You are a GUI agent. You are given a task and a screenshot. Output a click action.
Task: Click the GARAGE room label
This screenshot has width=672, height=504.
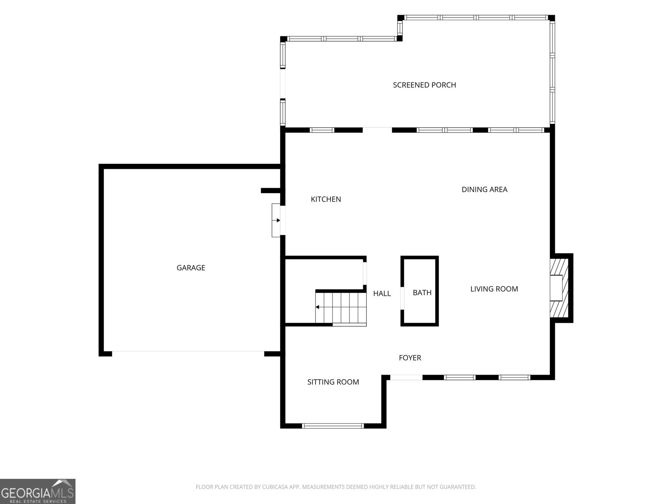pos(191,268)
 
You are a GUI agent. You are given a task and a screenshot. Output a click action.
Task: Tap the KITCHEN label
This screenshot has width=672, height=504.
pos(326,199)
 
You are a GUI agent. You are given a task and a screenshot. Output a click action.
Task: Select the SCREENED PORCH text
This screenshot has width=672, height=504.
pos(424,85)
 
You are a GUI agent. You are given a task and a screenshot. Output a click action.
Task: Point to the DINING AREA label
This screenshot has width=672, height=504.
pos(484,189)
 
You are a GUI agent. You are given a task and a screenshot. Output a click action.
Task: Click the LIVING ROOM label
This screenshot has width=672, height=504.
pos(494,289)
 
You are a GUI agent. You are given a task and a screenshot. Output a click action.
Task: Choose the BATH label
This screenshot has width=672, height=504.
pos(422,293)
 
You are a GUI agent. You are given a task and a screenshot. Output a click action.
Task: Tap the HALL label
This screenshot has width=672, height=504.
pos(382,294)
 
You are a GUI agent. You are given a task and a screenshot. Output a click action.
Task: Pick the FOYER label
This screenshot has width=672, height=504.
pos(410,358)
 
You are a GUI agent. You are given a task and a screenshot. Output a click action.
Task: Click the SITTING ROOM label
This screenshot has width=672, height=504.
pos(333,382)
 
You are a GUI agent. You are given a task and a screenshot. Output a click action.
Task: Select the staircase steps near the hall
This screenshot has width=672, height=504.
pos(341,308)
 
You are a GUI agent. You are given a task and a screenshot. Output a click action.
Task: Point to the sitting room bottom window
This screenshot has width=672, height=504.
pos(333,426)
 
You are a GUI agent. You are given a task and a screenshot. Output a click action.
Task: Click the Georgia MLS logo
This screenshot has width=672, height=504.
pos(38,491)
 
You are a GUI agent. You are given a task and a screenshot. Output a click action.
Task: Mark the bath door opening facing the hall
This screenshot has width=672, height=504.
pos(402,298)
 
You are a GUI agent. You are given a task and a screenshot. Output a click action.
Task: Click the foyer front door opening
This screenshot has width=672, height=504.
pos(406,378)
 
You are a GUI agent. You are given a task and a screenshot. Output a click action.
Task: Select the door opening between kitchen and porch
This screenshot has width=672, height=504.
pos(377,130)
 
